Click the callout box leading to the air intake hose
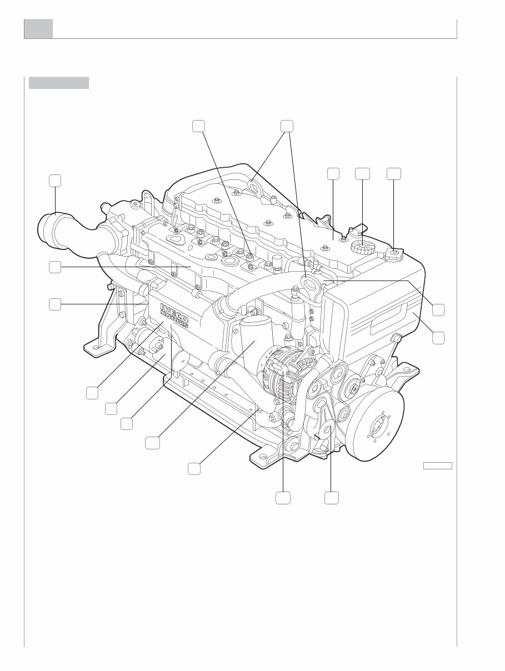pyautogui.click(x=54, y=181)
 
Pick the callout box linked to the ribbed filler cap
pyautogui.click(x=362, y=173)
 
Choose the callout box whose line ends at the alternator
pyautogui.click(x=283, y=498)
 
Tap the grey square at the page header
pyautogui.click(x=38, y=29)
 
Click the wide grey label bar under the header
pyautogui.click(x=59, y=83)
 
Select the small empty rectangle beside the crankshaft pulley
pyautogui.click(x=438, y=465)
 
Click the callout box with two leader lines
pyautogui.click(x=287, y=126)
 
